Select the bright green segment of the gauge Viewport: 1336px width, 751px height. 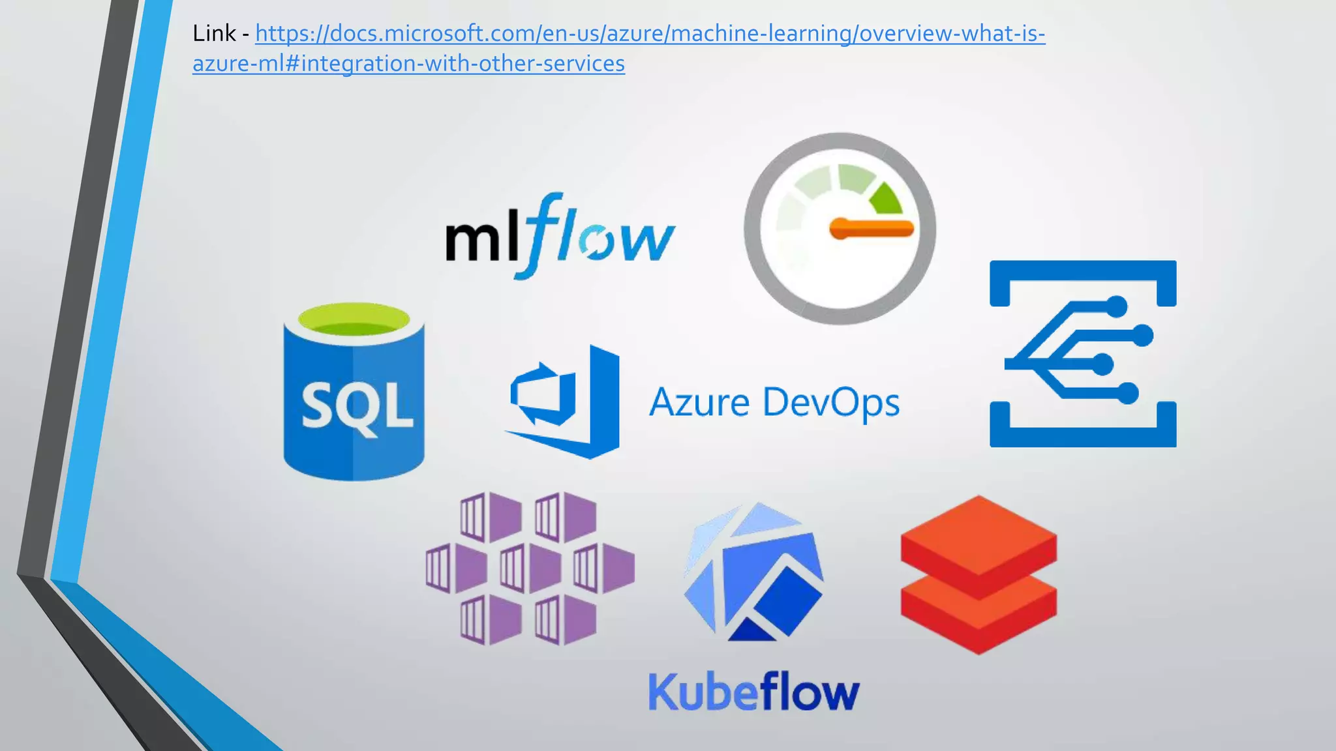click(887, 199)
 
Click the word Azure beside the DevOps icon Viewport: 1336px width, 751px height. click(699, 402)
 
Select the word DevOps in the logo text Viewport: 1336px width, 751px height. click(831, 402)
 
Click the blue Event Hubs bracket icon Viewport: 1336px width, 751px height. click(1083, 354)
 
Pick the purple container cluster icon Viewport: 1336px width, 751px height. click(530, 568)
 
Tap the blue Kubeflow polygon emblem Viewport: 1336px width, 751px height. click(753, 572)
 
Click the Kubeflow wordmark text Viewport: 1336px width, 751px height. click(753, 692)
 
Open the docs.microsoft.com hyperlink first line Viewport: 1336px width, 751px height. click(650, 33)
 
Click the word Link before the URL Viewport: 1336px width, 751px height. click(214, 33)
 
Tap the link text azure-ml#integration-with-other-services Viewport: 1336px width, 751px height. click(408, 64)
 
